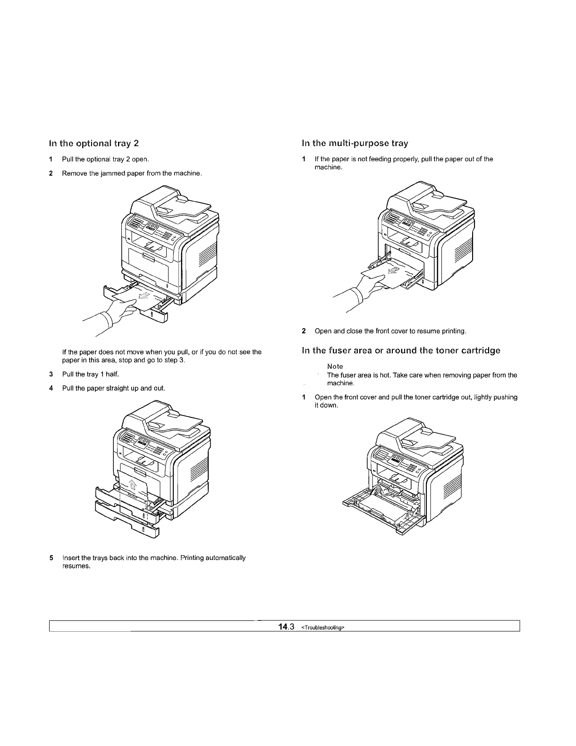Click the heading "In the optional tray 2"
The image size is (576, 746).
[94, 143]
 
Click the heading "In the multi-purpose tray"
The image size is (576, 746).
[354, 143]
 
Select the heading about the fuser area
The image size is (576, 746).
[401, 350]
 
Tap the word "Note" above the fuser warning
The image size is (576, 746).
[335, 366]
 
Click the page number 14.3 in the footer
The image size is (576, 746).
[286, 627]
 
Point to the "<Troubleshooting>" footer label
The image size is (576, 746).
[323, 627]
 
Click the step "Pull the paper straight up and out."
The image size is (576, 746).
[113, 388]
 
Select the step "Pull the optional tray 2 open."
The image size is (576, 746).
[106, 159]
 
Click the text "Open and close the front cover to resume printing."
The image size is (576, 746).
[390, 331]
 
